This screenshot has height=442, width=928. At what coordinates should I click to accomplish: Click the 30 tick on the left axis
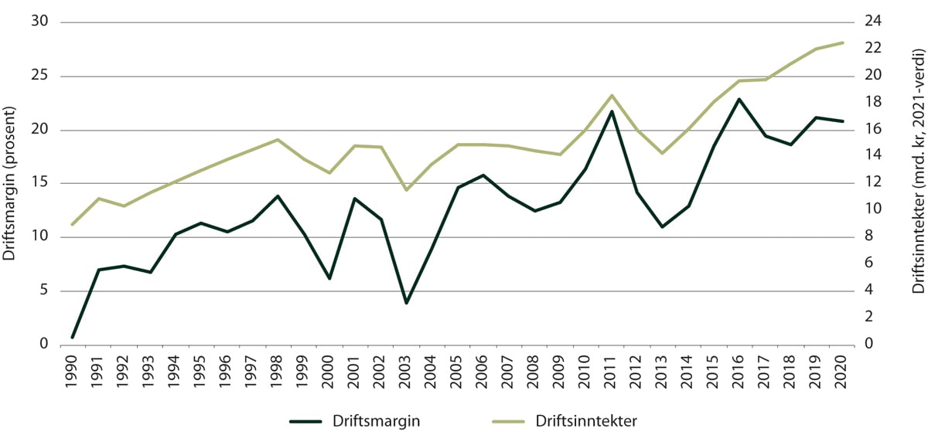(x=39, y=22)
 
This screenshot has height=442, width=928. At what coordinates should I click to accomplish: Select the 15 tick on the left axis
(x=39, y=183)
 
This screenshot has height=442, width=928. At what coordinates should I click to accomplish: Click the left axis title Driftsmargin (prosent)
(x=11, y=184)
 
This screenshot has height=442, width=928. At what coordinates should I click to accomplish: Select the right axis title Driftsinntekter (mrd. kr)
(x=918, y=184)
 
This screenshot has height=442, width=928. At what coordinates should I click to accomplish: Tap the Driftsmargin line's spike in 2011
(x=612, y=111)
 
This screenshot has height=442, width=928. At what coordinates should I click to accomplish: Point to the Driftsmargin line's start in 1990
(x=73, y=337)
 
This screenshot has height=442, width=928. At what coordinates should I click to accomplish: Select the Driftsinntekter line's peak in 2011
(x=612, y=95)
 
